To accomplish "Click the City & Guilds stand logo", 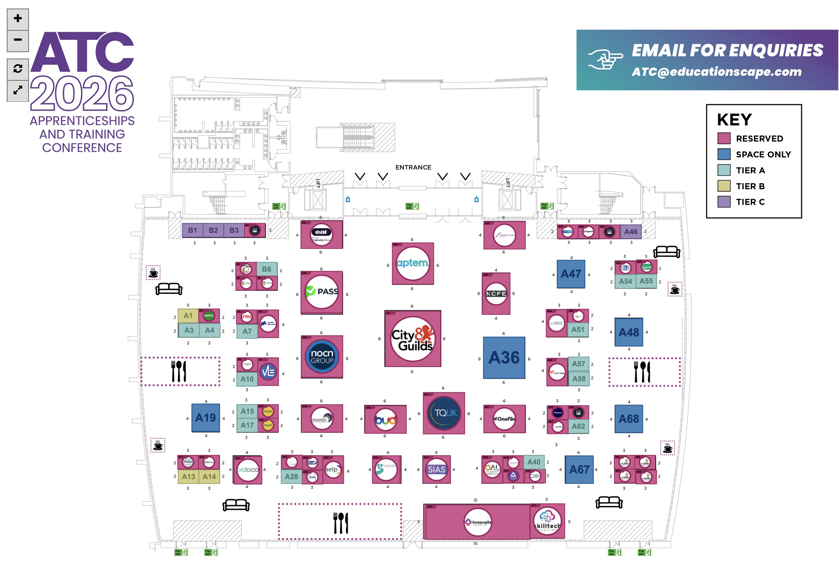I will tap(413, 338).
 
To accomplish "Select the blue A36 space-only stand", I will tap(504, 358).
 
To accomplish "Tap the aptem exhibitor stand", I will tap(413, 264).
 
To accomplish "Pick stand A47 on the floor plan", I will tap(571, 274).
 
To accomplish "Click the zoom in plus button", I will tap(18, 19).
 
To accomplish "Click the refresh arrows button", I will tap(18, 69).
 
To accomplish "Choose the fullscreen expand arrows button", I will tap(18, 90).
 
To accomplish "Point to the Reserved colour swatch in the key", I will tap(724, 139).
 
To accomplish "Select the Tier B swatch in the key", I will tap(724, 186).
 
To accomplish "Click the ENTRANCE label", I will tap(413, 167).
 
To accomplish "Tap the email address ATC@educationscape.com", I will tap(716, 72).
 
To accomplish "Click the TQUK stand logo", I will tap(444, 413).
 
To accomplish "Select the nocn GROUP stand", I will tap(322, 357).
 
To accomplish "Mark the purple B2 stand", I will tap(213, 230).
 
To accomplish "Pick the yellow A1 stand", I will tap(188, 316).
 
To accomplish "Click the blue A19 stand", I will tap(206, 418).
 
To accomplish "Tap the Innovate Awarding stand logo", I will tap(478, 522).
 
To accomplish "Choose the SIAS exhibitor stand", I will tap(437, 470).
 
